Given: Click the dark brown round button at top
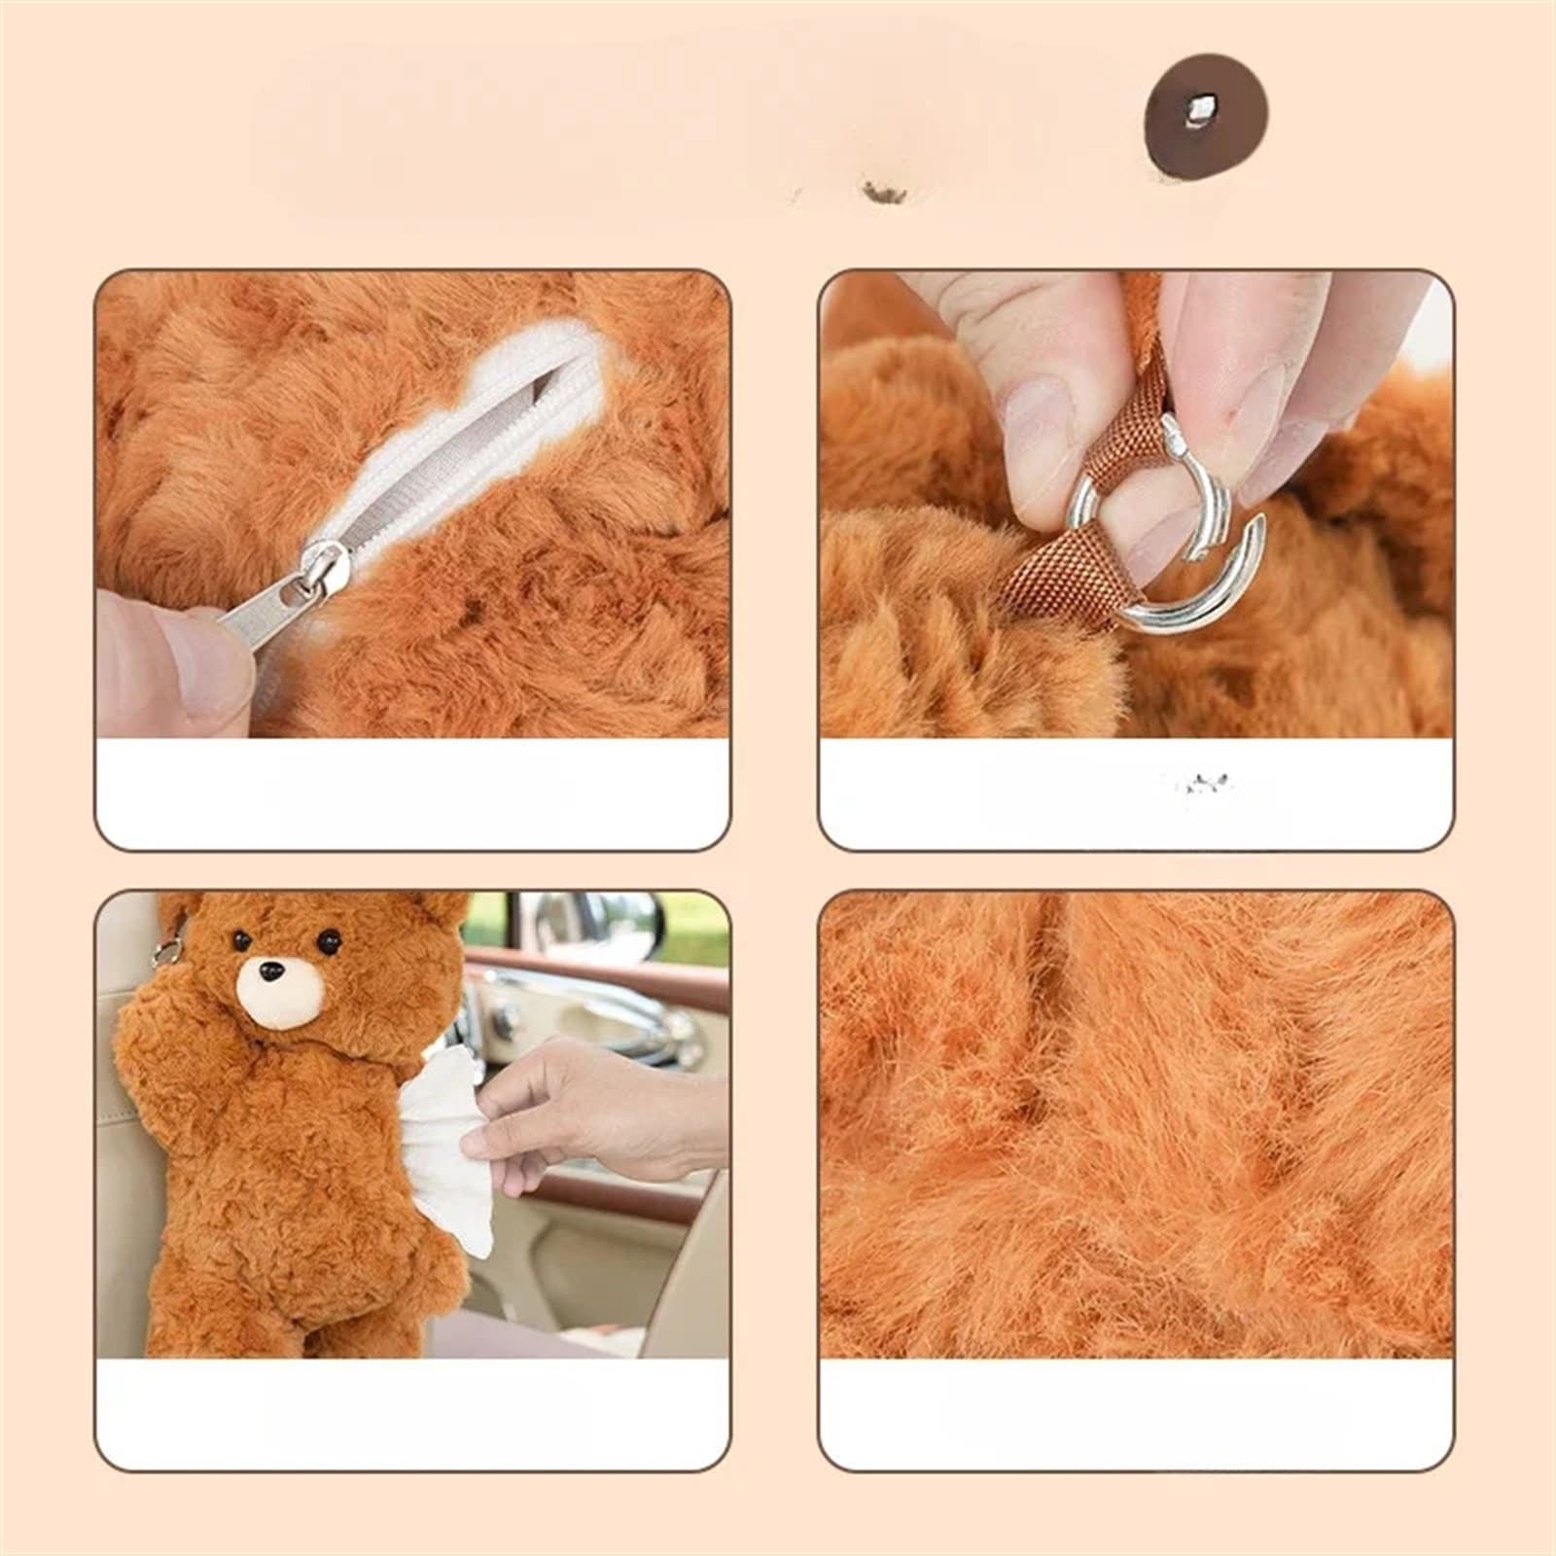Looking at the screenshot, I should point(1206,117).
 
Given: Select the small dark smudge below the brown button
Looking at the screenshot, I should point(884,194).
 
